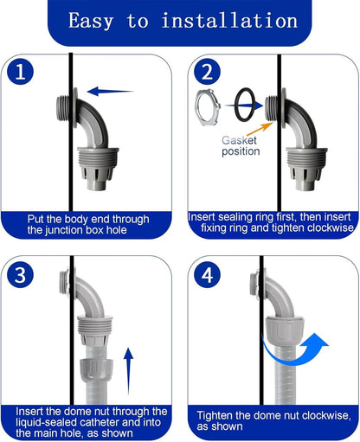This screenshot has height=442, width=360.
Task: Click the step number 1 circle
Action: [20, 72]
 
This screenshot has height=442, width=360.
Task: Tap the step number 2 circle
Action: [207, 72]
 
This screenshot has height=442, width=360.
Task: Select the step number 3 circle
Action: [20, 274]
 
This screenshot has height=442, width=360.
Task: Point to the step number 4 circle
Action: [207, 274]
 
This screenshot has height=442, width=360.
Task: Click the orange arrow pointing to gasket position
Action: [260, 129]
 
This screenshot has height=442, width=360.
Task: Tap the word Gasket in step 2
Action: [239, 140]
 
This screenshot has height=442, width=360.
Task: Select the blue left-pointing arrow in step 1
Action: [110, 92]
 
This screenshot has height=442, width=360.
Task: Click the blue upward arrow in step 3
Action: [129, 371]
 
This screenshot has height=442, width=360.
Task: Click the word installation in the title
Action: [229, 21]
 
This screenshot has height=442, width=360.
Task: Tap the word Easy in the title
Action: [91, 22]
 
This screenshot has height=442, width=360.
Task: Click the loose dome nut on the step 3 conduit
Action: [96, 370]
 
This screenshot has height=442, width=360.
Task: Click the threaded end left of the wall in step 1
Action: [62, 108]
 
